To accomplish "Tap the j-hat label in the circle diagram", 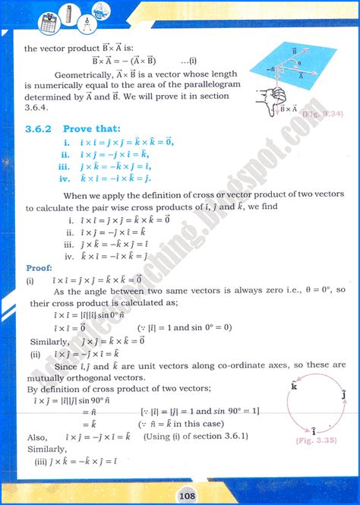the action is point(344,395).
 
